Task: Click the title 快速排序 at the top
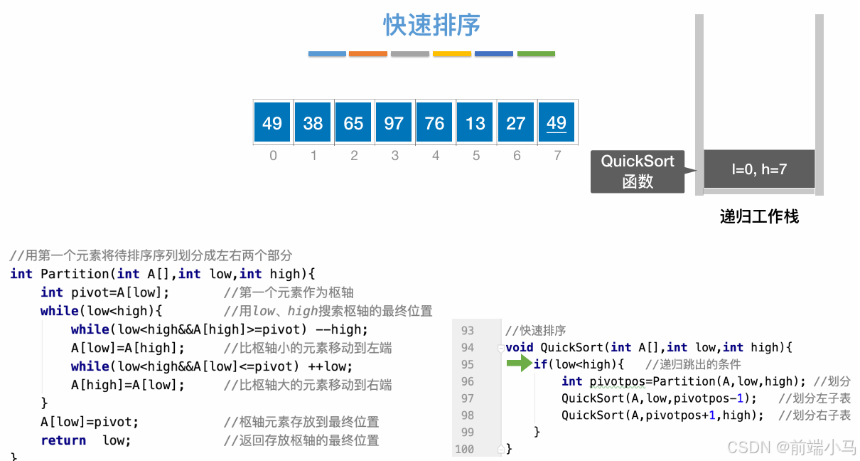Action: coord(432,26)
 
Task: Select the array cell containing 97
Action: coord(394,123)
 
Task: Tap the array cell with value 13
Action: coord(475,123)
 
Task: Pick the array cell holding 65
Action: coord(353,123)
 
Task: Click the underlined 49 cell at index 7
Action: coord(557,123)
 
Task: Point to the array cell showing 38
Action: coord(313,123)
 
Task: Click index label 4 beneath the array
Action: coord(435,155)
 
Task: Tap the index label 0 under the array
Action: coord(273,155)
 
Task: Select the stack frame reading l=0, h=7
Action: coord(759,169)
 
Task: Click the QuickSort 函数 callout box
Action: coord(638,171)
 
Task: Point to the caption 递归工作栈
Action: coord(759,216)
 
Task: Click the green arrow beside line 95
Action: coord(519,364)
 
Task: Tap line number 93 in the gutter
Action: coord(467,331)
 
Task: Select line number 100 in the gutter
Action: coord(464,449)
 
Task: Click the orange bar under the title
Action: coord(368,54)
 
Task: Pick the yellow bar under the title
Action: coord(452,54)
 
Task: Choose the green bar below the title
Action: coord(536,54)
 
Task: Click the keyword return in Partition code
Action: coord(63,440)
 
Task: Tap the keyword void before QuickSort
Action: coord(520,347)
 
